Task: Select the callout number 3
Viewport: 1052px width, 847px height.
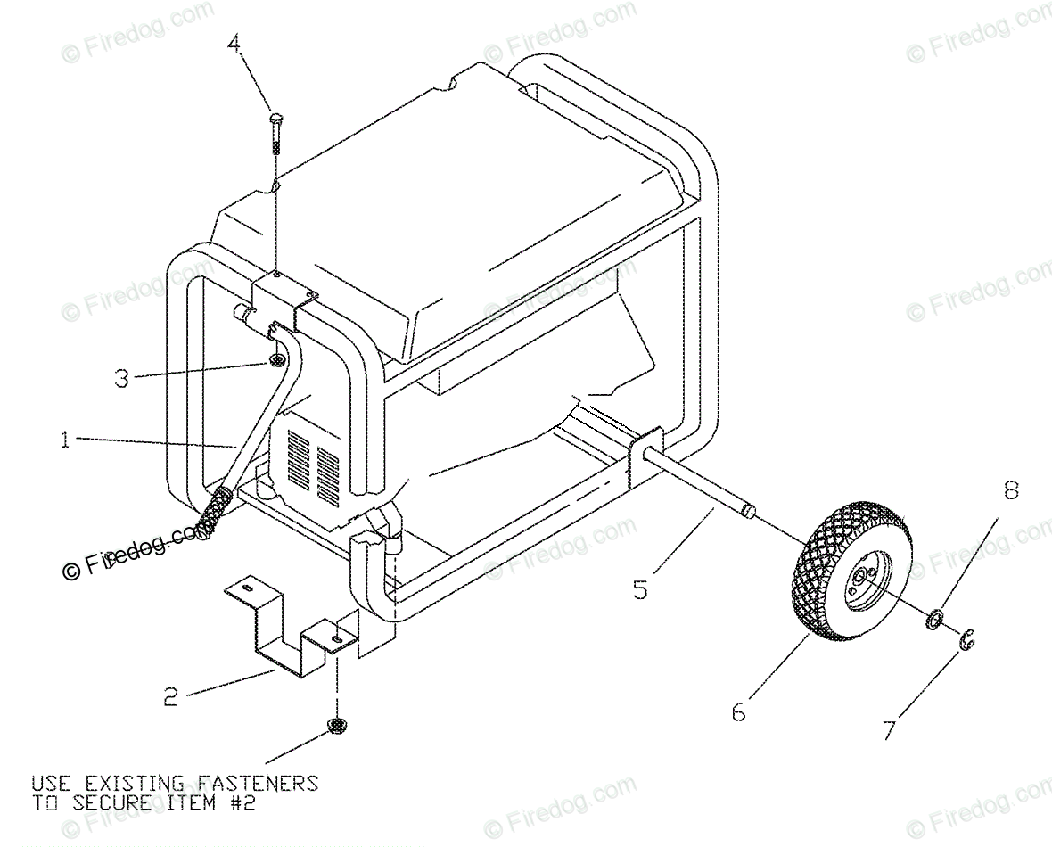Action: pyautogui.click(x=122, y=377)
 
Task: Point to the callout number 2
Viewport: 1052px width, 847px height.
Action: pyautogui.click(x=170, y=695)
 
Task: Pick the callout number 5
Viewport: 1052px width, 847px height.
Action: pyautogui.click(x=640, y=589)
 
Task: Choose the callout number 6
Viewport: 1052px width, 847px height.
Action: pyautogui.click(x=738, y=712)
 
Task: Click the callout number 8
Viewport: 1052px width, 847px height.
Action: pyautogui.click(x=1010, y=490)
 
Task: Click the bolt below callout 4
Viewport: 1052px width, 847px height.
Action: pyautogui.click(x=275, y=134)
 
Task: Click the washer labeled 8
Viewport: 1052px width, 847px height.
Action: pyautogui.click(x=932, y=618)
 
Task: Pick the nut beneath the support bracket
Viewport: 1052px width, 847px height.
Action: pyautogui.click(x=337, y=726)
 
